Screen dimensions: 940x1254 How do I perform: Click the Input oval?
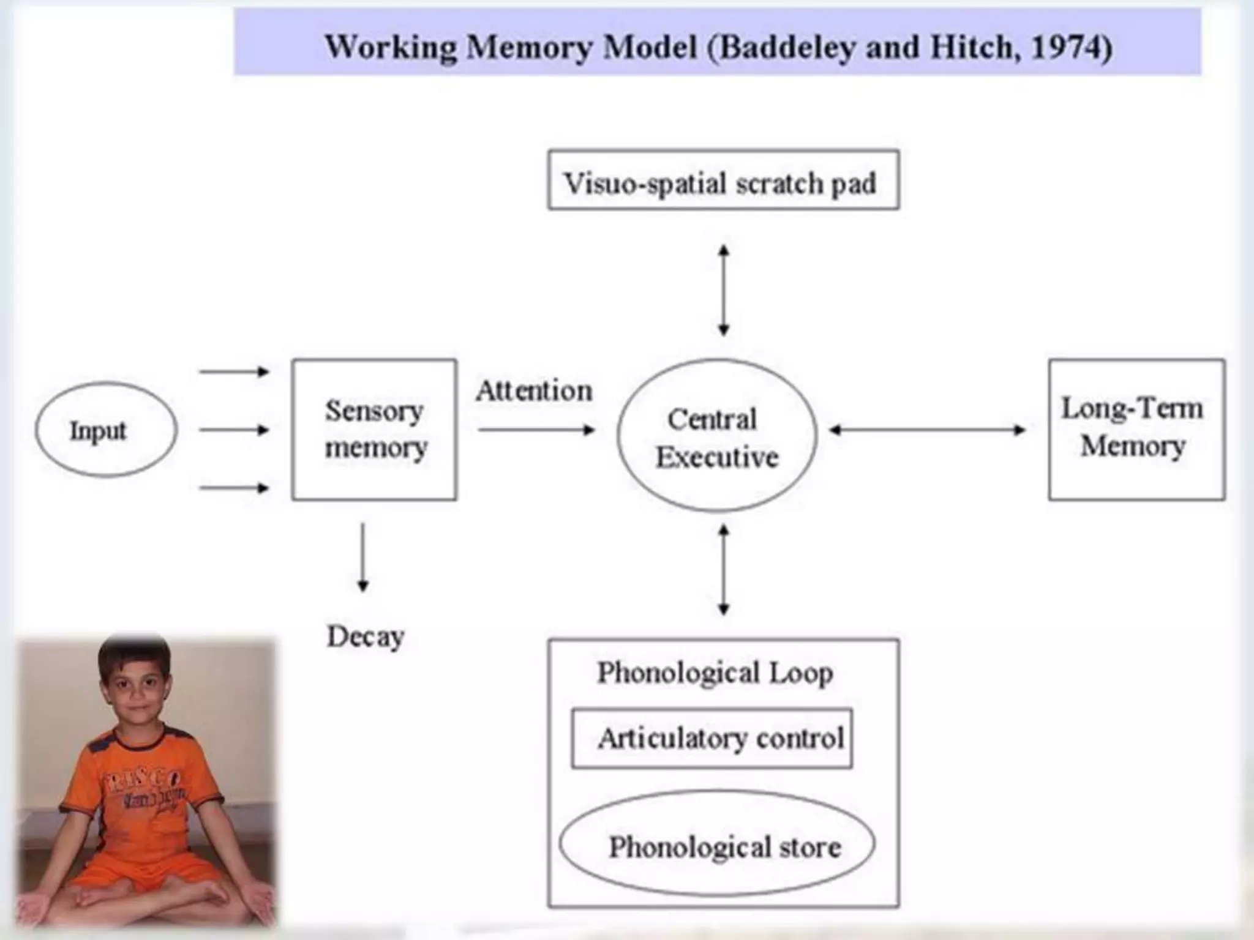tap(106, 430)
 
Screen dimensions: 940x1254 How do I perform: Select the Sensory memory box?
tap(374, 430)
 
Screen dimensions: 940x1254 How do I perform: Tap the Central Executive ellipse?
tap(716, 436)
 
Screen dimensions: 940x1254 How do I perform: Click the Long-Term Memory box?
tap(1136, 430)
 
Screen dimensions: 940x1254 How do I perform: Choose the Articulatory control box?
tap(711, 739)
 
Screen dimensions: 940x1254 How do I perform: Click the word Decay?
tap(366, 636)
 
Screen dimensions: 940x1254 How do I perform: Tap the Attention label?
tap(534, 391)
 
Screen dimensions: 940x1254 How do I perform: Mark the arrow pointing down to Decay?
tap(362, 557)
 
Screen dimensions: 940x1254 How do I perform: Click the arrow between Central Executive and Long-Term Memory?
tap(927, 430)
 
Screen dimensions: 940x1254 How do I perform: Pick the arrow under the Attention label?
tap(536, 430)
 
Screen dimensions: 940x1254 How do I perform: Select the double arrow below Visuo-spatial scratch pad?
tap(723, 291)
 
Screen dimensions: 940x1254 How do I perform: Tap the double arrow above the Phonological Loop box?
tap(723, 569)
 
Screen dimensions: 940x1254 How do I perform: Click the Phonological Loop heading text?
tap(715, 673)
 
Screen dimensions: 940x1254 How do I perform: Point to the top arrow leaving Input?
tap(234, 371)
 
